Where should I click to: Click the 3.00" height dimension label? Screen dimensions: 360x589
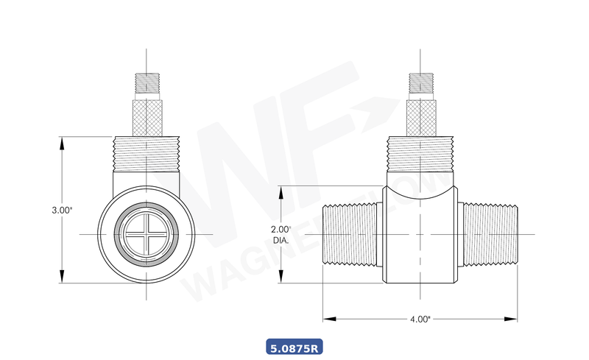click(x=62, y=210)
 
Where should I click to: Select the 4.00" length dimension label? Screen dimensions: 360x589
click(x=419, y=319)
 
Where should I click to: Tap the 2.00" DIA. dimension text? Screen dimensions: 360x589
click(x=281, y=234)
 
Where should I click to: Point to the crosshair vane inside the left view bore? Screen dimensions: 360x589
click(x=147, y=234)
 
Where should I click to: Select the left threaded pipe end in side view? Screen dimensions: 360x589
click(x=350, y=234)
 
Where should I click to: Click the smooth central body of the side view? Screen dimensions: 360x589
click(x=420, y=243)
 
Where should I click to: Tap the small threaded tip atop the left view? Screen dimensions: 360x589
click(x=147, y=82)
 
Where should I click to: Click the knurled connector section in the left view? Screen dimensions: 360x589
click(x=147, y=117)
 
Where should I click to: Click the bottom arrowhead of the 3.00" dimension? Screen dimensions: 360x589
click(x=62, y=280)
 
